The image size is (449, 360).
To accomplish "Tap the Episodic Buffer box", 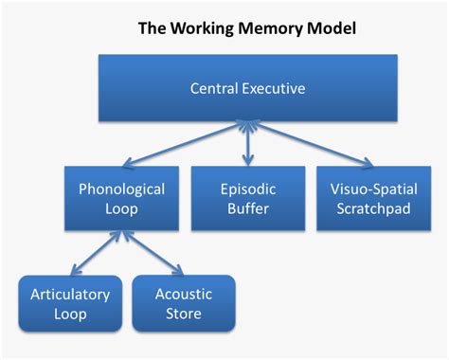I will pos(247,197).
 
